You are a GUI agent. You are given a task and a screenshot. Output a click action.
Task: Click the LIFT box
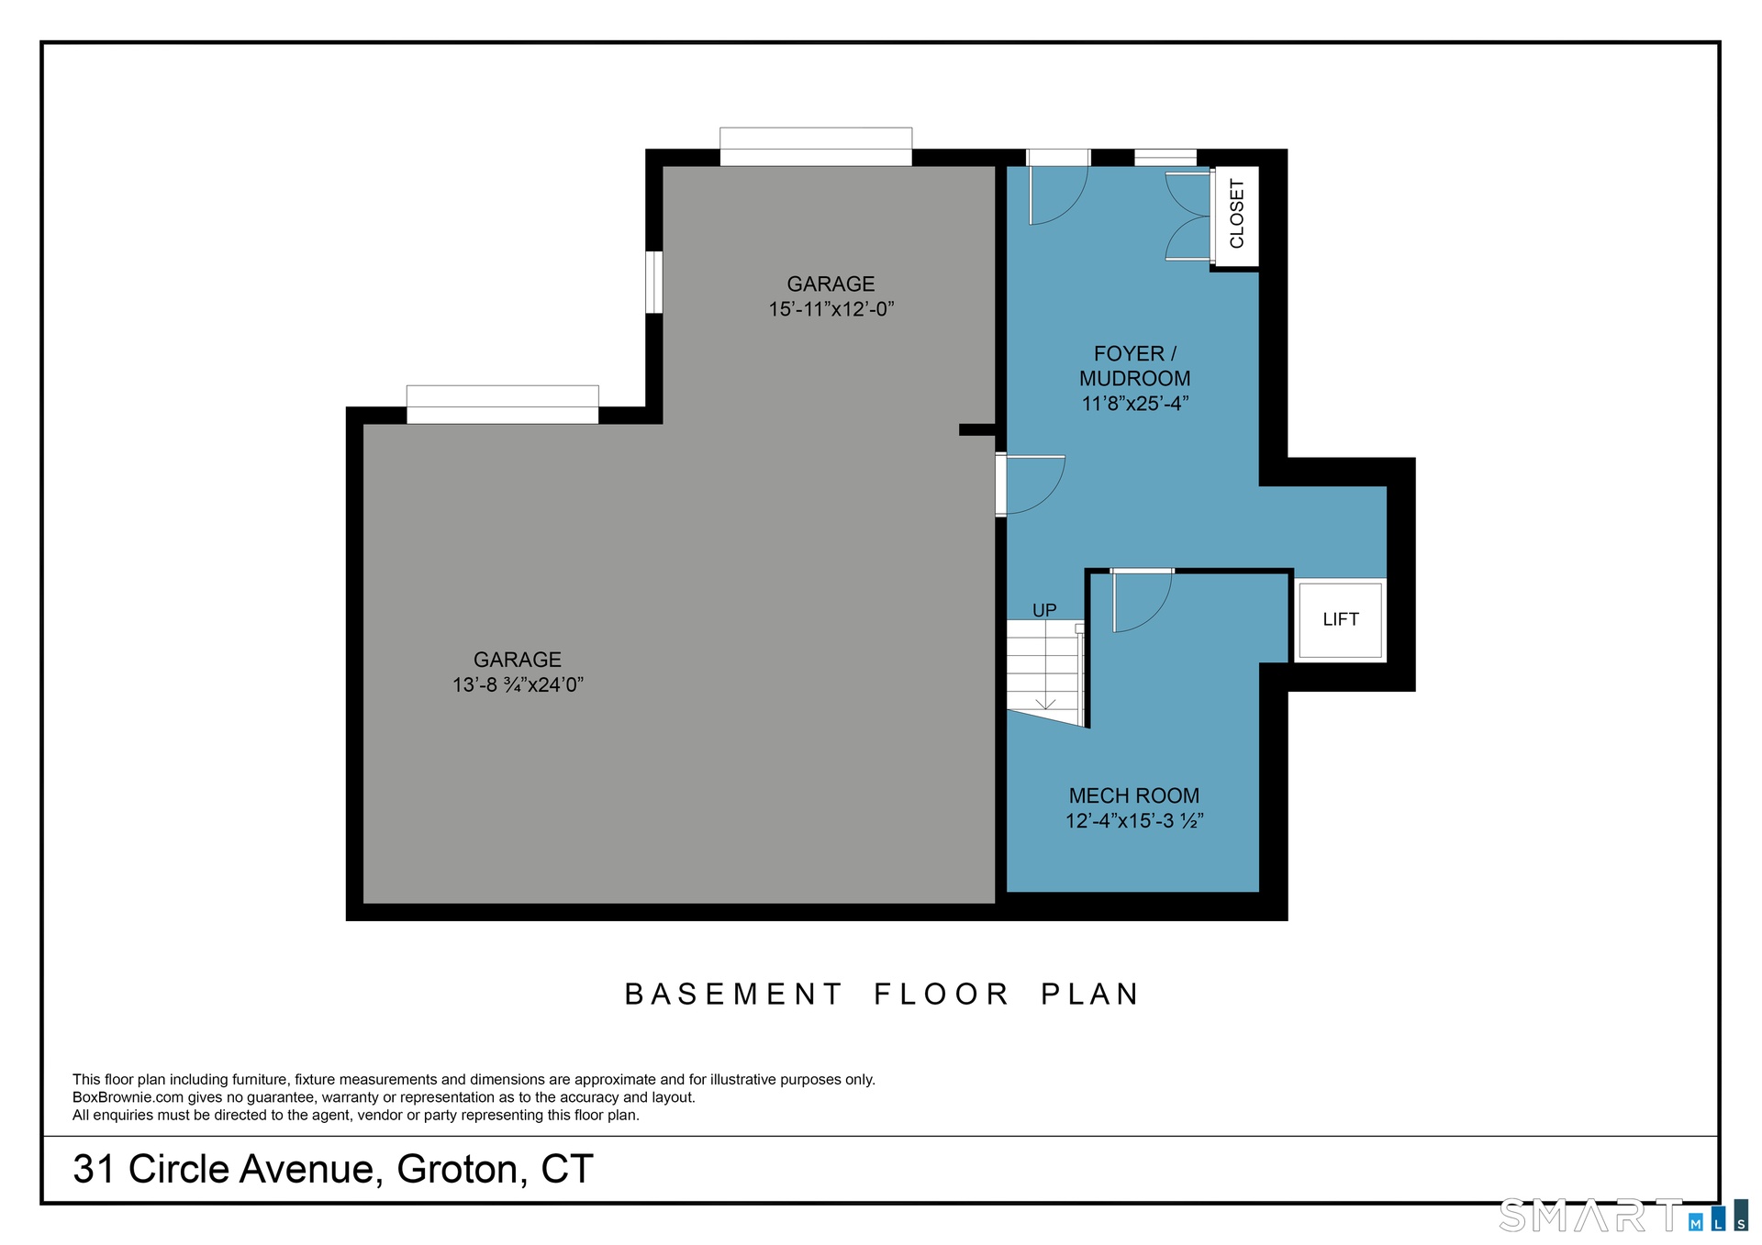(1340, 619)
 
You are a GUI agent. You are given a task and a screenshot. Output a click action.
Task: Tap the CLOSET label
(1236, 214)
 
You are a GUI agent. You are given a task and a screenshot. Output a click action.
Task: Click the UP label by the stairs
(1044, 610)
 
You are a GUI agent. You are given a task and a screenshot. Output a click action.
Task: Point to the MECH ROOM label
(1134, 795)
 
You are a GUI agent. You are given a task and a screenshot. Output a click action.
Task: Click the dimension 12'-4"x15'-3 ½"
(1134, 820)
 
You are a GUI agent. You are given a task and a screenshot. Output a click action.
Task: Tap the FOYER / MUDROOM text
(1134, 365)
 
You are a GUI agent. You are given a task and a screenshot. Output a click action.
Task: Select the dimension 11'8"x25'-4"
(1134, 403)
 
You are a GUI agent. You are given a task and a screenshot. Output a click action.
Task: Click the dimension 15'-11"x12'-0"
(831, 308)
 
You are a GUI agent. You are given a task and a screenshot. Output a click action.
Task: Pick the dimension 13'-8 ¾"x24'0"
(518, 684)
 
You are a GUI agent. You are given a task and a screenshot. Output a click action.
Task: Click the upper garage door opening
(816, 147)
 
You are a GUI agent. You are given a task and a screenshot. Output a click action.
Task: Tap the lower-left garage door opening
(502, 405)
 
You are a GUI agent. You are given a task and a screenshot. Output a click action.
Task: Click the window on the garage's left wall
(653, 282)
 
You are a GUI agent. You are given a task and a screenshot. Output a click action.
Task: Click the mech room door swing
(1142, 601)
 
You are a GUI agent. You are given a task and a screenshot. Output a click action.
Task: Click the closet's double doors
(1188, 216)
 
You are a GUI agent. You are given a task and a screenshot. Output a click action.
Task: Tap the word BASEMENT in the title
(733, 994)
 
